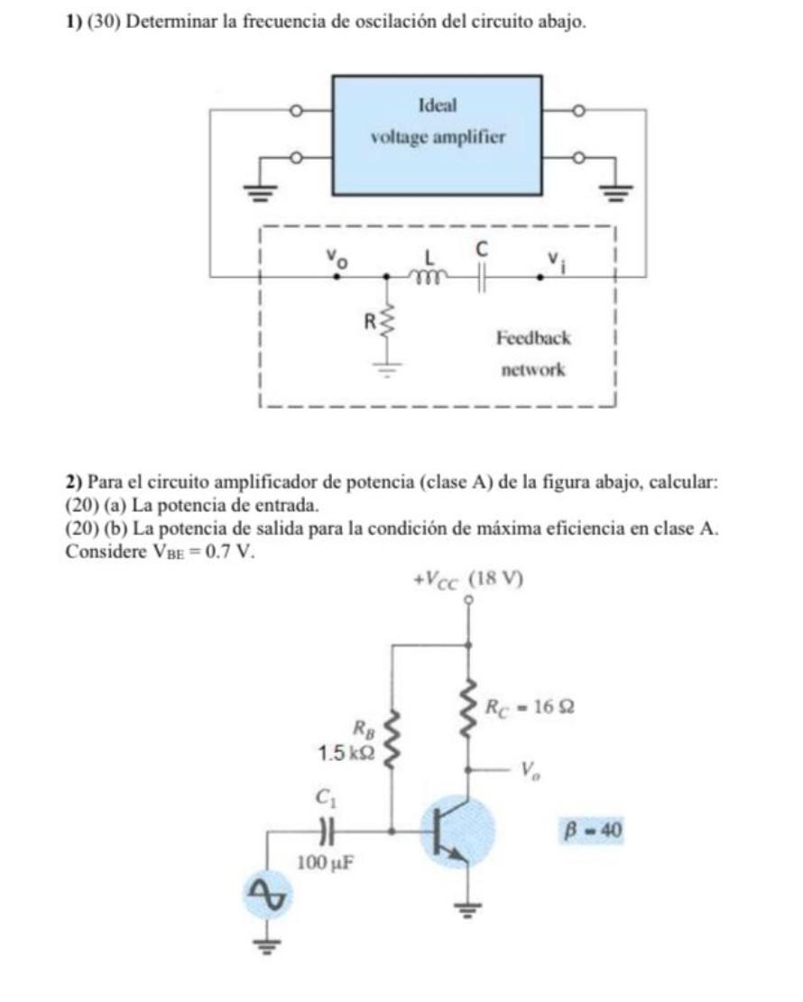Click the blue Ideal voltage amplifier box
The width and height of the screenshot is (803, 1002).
tap(438, 135)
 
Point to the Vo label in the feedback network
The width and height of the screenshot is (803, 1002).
tap(337, 257)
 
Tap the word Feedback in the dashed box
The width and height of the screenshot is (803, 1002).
tap(533, 337)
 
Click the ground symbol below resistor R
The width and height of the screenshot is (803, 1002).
tap(386, 369)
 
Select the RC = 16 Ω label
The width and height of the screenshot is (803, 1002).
tap(530, 707)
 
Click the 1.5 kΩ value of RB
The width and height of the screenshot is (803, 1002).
tap(346, 754)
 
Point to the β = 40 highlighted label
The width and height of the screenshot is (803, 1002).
tap(592, 830)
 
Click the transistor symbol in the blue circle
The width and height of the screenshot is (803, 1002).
tap(457, 832)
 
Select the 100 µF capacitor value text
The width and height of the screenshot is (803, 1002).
tap(326, 863)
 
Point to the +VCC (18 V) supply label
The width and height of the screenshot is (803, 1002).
tap(468, 580)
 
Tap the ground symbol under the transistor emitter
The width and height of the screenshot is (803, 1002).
tap(469, 908)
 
